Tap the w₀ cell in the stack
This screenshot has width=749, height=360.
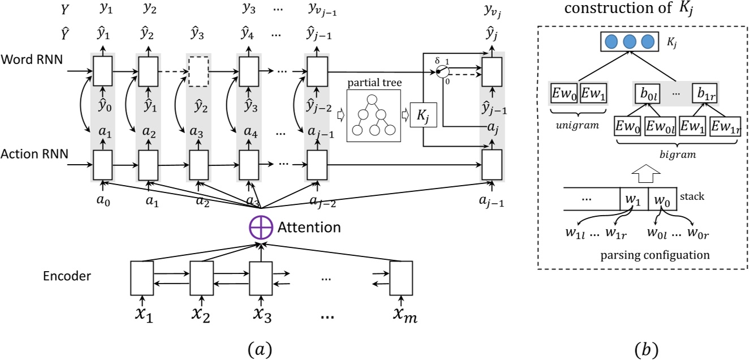[662, 199]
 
